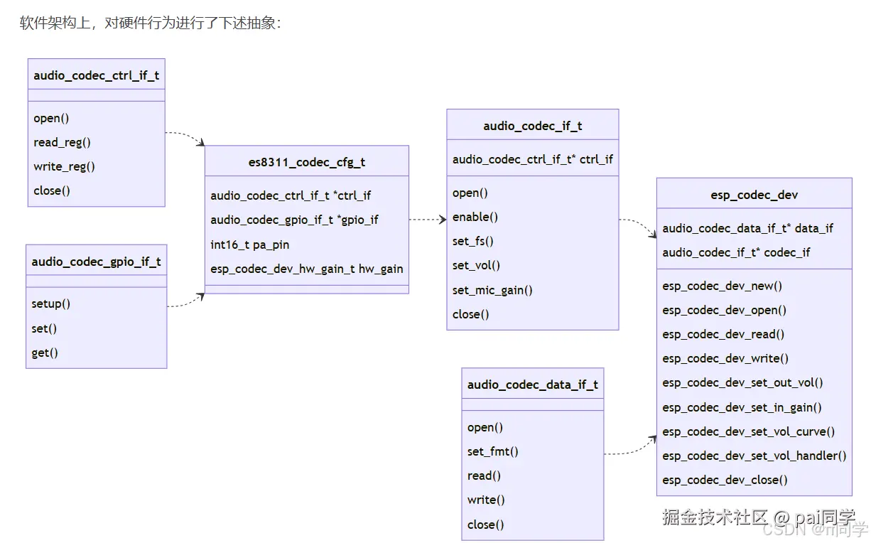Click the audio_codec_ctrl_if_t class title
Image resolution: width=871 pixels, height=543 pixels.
(x=96, y=75)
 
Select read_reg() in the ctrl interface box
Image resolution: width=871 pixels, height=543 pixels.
(x=63, y=142)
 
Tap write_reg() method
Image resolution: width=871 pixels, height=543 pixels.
(x=64, y=166)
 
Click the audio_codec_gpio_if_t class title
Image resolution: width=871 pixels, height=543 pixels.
(x=96, y=262)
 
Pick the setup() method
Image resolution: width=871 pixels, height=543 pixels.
(x=51, y=304)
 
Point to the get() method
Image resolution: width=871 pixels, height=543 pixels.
(x=45, y=353)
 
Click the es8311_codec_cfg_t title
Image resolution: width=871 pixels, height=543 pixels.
(x=306, y=161)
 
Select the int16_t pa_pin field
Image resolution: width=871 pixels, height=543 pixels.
(x=250, y=244)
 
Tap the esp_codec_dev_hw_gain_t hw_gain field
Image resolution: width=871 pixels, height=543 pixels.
(x=306, y=269)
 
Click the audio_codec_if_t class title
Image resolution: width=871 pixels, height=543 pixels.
(x=532, y=126)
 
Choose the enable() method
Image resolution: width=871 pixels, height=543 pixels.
(x=475, y=217)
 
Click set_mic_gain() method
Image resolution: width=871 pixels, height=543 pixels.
(x=492, y=290)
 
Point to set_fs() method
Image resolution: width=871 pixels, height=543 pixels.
(x=472, y=241)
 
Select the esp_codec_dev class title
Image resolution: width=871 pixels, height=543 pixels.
(x=754, y=194)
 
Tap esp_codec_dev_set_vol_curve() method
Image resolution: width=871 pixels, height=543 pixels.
(x=748, y=431)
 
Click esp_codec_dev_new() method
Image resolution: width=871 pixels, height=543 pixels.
(x=722, y=286)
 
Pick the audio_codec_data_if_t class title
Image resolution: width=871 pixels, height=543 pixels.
(x=532, y=385)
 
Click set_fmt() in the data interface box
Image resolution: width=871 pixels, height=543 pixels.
(x=492, y=451)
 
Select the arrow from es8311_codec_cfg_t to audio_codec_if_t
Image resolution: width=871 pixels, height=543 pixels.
(x=428, y=220)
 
